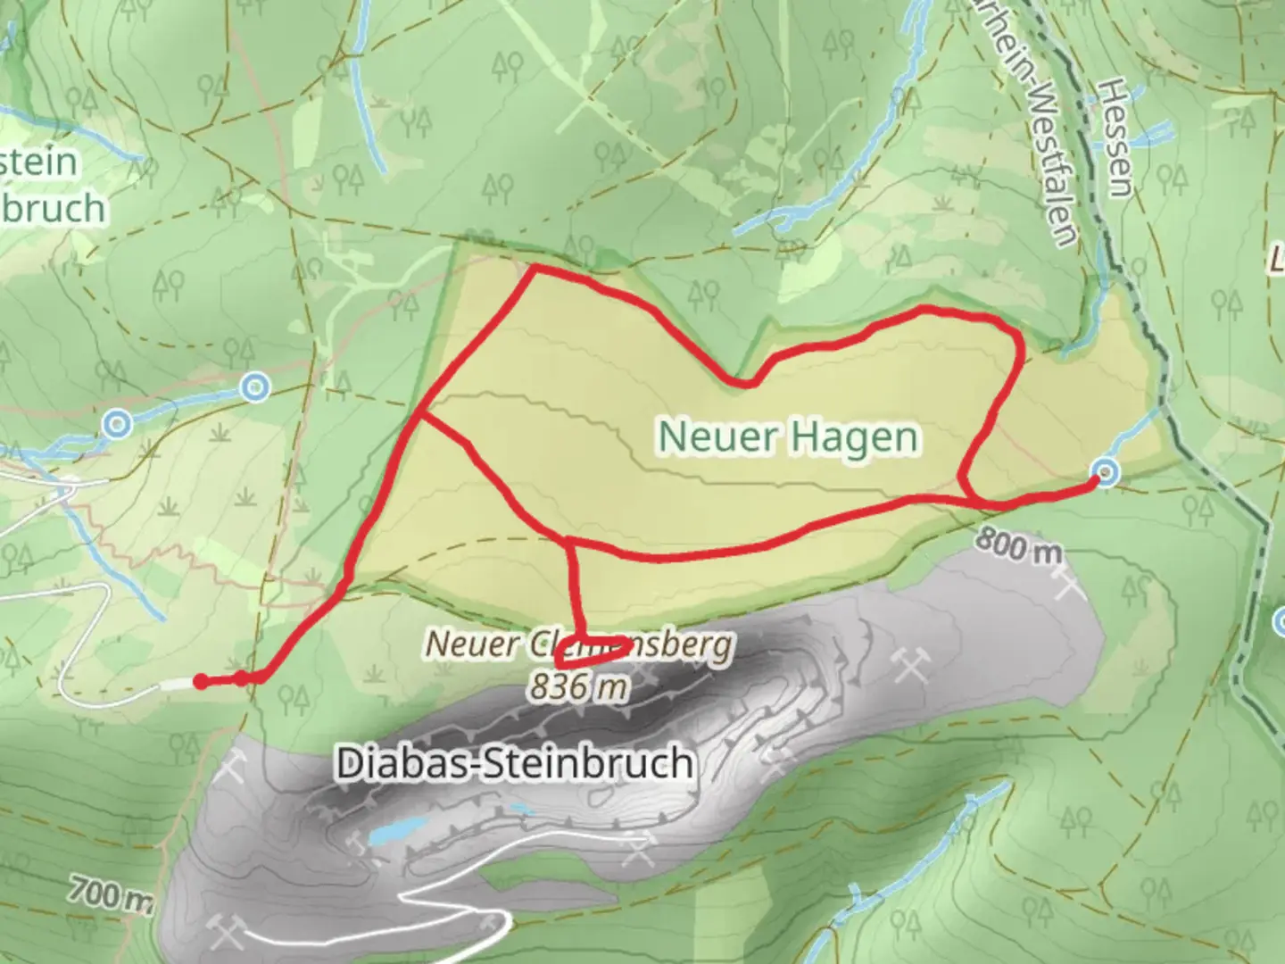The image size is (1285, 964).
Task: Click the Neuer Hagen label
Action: [x=789, y=436]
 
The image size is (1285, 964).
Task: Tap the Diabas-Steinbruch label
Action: [x=515, y=764]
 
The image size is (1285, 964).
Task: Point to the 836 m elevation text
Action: [x=577, y=686]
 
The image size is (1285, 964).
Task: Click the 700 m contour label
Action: [x=111, y=893]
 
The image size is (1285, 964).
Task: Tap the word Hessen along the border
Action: [x=1115, y=137]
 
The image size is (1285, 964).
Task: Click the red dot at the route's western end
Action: [x=201, y=682]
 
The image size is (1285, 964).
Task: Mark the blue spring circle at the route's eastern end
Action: [x=1106, y=472]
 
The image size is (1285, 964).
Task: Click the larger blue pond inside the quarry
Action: [x=388, y=834]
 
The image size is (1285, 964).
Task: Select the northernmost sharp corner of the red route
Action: [x=533, y=267]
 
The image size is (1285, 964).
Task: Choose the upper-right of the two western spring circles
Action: [x=256, y=387]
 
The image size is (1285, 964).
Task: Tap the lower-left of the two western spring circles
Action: [x=118, y=424]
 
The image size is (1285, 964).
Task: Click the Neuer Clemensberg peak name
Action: [x=578, y=644]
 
